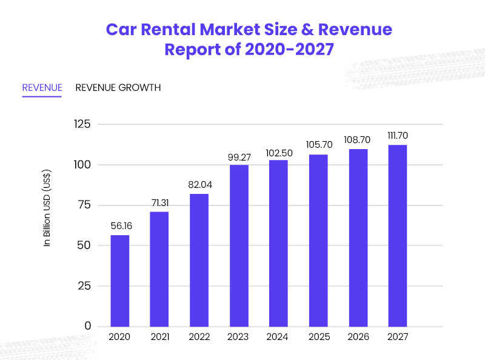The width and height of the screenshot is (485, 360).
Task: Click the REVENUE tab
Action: tap(42, 88)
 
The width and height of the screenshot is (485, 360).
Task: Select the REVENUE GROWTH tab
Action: tap(118, 88)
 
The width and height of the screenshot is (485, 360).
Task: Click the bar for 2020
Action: tap(119, 281)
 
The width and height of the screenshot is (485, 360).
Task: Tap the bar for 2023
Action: tap(238, 245)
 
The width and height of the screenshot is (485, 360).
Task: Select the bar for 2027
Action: tap(397, 236)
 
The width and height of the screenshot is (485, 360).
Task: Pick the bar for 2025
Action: tap(318, 241)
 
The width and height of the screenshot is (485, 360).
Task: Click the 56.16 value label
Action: tap(119, 225)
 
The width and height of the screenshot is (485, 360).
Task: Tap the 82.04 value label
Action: tap(199, 184)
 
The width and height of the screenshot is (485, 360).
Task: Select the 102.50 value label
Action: tap(279, 153)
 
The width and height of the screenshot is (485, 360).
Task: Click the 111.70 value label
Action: tap(397, 135)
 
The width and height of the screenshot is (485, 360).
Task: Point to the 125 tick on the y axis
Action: tap(82, 124)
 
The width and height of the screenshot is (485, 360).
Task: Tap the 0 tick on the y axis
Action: tap(88, 326)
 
